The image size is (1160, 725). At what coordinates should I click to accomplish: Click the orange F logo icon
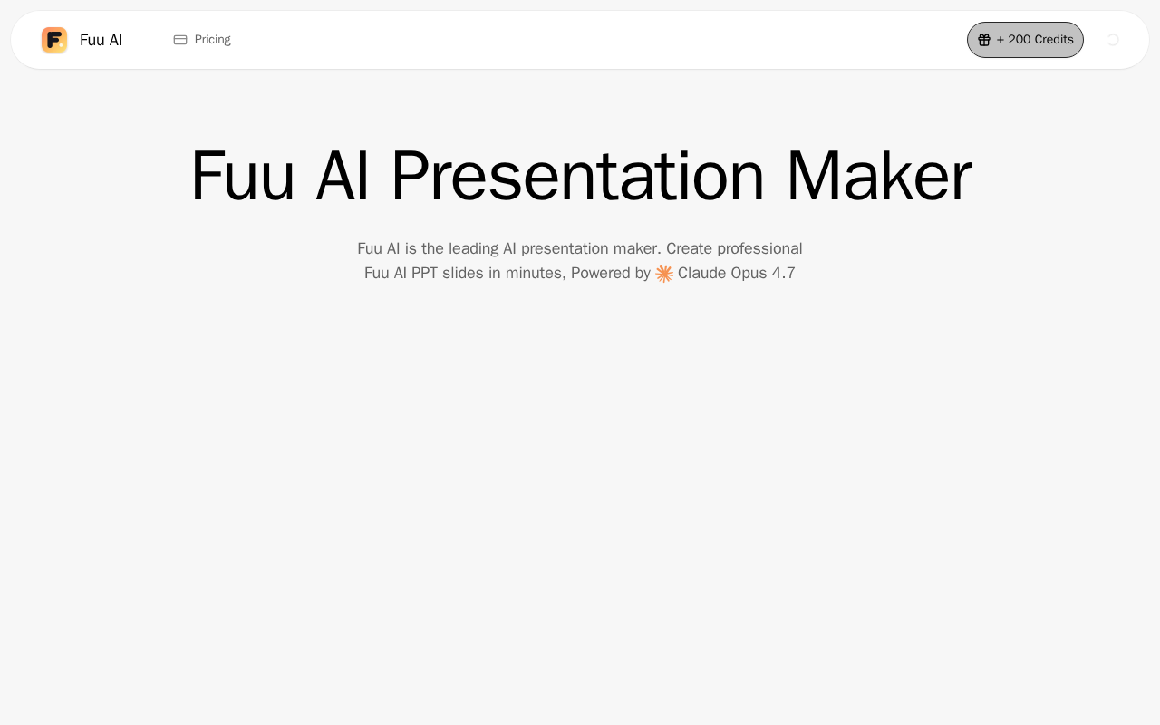click(x=54, y=40)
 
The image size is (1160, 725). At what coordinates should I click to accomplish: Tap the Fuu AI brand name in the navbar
click(x=101, y=40)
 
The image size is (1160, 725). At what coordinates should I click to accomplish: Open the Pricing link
click(x=212, y=40)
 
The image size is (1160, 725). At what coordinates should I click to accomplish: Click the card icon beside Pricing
click(x=180, y=40)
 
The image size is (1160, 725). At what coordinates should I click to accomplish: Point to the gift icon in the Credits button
click(x=984, y=40)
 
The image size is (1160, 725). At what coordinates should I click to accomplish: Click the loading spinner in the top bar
click(x=1113, y=40)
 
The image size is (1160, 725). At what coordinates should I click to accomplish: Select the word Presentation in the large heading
click(x=577, y=176)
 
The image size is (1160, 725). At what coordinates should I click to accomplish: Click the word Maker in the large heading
click(x=879, y=176)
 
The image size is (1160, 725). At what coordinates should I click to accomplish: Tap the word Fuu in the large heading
click(x=243, y=176)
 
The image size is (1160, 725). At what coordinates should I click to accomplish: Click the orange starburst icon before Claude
click(x=664, y=274)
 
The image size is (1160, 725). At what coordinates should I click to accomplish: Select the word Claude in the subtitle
click(x=701, y=273)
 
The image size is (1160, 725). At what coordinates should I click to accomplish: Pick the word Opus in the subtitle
click(x=749, y=274)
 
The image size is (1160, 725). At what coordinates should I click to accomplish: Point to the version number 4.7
click(x=783, y=273)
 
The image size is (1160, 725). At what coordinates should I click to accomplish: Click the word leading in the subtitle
click(x=473, y=249)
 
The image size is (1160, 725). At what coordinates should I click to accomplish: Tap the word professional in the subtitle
click(x=759, y=249)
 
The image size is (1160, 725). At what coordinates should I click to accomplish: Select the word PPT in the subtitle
click(x=424, y=273)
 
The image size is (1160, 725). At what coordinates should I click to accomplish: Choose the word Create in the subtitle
click(x=690, y=248)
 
